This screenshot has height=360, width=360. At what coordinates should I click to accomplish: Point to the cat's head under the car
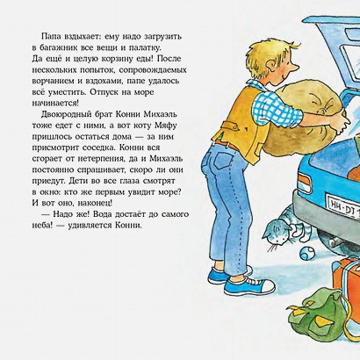(277, 234)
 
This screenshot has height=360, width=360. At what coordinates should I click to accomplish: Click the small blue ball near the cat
(306, 253)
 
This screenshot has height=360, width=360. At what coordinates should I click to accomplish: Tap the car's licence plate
(343, 205)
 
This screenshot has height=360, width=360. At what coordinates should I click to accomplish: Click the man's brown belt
(227, 145)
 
